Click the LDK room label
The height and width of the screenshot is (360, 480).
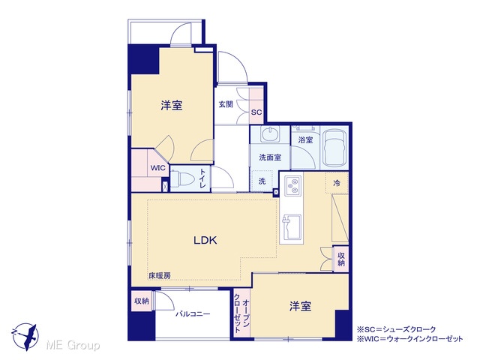(205, 240)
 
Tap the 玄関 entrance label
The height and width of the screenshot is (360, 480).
(226, 104)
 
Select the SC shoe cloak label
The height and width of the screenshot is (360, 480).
(256, 112)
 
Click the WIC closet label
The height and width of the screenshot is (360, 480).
(157, 168)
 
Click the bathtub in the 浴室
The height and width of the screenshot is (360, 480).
(335, 148)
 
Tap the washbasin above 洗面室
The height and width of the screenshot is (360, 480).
(270, 133)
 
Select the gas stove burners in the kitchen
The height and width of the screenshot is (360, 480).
(293, 186)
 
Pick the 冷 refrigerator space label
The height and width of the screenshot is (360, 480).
(337, 183)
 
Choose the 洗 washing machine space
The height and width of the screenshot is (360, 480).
(262, 181)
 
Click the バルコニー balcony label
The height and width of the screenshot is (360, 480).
(193, 314)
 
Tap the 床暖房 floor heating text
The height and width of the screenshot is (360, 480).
(159, 275)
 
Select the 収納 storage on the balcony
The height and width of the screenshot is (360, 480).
(142, 301)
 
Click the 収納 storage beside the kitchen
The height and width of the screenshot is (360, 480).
(341, 259)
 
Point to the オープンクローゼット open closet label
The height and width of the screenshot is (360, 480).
(241, 313)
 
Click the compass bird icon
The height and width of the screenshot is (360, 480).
(25, 337)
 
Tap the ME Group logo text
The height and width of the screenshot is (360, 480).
(73, 345)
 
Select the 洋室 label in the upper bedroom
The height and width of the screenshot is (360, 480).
(172, 105)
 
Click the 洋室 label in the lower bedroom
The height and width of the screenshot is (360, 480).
(300, 306)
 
